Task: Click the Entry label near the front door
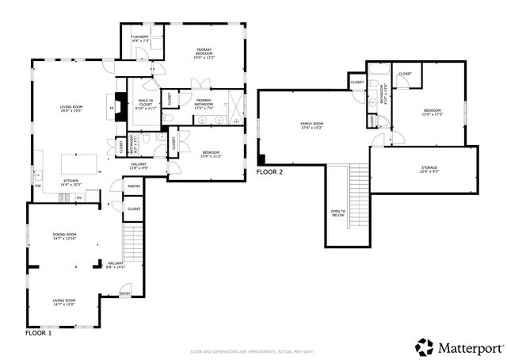coord(124,293)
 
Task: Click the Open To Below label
coord(337,213)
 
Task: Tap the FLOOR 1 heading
coord(38,334)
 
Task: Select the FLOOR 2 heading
coord(269,171)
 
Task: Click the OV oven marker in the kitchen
coord(79,197)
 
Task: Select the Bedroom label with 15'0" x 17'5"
coord(432,112)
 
